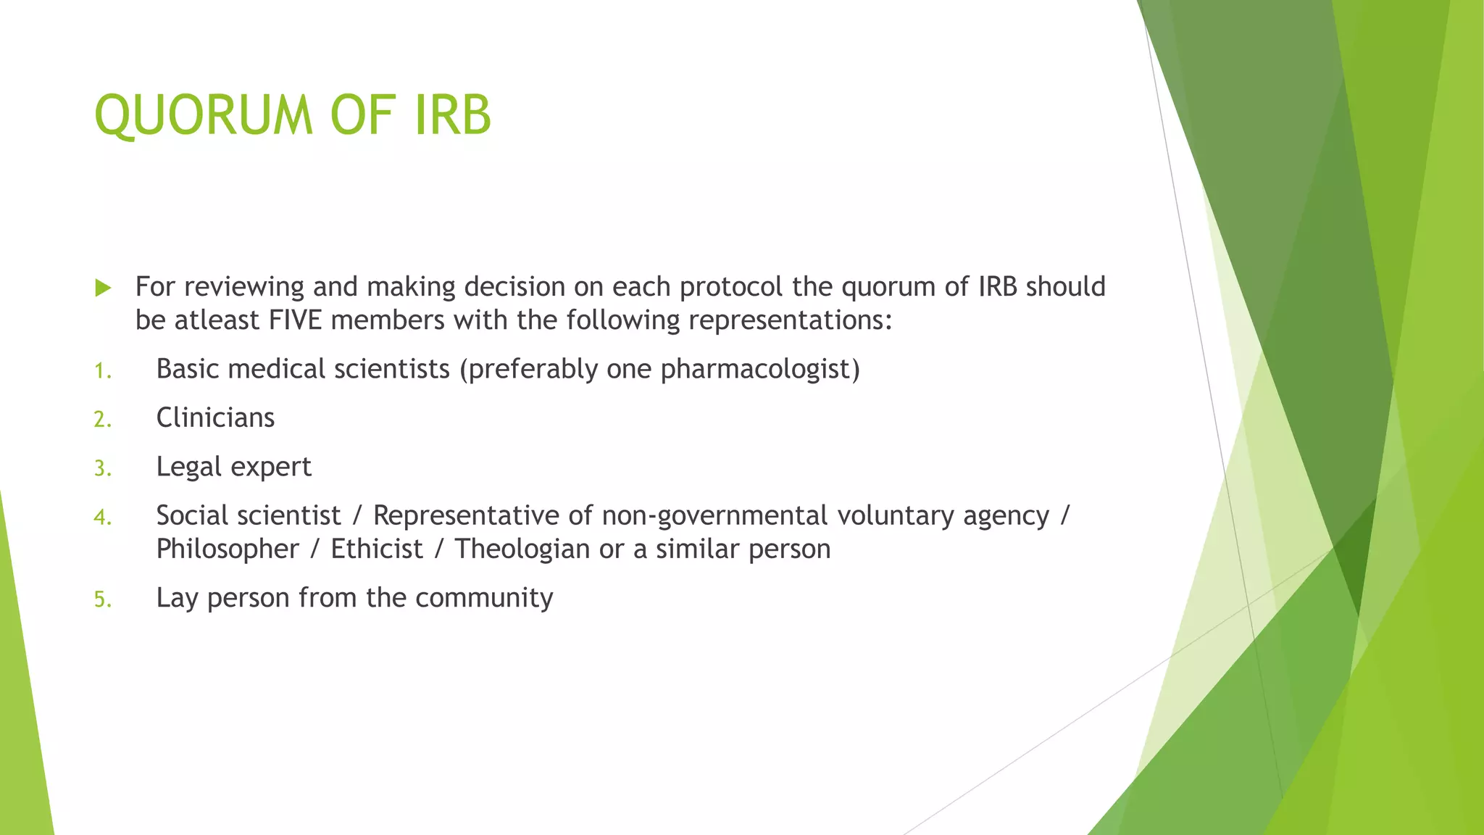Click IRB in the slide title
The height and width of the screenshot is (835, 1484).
click(x=454, y=115)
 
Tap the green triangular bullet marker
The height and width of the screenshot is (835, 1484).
click(x=103, y=288)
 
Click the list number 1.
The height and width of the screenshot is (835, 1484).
click(x=102, y=371)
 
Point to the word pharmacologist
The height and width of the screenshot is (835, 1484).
click(x=759, y=370)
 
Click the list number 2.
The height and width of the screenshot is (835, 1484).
click(x=102, y=420)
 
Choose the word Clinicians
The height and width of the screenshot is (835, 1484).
click(x=215, y=417)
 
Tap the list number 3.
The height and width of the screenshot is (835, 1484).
click(x=102, y=468)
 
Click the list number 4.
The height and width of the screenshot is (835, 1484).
click(x=102, y=518)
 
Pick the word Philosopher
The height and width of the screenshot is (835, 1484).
click(x=228, y=549)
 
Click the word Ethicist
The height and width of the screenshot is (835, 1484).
click(x=377, y=549)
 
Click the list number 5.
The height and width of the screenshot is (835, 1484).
click(x=102, y=600)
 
